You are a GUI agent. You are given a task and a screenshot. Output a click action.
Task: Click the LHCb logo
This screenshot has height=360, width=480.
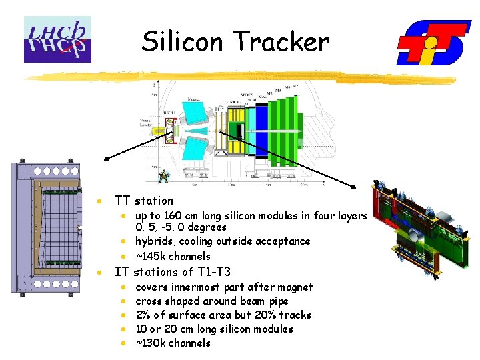pyautogui.click(x=57, y=39)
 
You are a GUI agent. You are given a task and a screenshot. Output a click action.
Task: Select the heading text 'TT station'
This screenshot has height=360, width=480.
pyautogui.click(x=143, y=201)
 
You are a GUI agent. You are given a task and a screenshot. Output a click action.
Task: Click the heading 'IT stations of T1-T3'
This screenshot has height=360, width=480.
pyautogui.click(x=173, y=272)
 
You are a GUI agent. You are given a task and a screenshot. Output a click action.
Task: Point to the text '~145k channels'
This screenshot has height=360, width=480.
pyautogui.click(x=173, y=257)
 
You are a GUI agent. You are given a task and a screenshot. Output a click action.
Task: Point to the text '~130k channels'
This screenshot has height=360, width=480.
pyautogui.click(x=173, y=343)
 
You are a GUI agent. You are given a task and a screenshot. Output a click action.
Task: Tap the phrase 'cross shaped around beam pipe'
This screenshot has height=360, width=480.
pyautogui.click(x=211, y=301)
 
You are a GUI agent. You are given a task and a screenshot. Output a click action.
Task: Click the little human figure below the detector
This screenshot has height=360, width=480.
pyautogui.click(x=162, y=176)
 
